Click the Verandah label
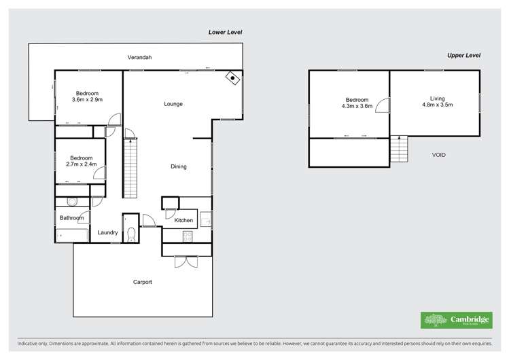[x=139, y=57]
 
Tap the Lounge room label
[x=173, y=104]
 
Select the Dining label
[x=179, y=166]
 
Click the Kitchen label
[x=183, y=220]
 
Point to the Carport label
[x=142, y=282]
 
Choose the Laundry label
[x=109, y=232]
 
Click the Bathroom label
[x=71, y=218]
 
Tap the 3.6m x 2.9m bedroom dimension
[x=87, y=101]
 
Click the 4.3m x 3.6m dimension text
[x=357, y=106]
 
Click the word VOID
[x=439, y=155]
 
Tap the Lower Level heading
[x=225, y=32]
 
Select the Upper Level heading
[x=463, y=55]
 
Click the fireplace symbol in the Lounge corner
[x=233, y=78]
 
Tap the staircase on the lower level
[x=130, y=167]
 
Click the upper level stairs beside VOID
[x=400, y=149]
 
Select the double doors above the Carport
[x=185, y=262]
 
